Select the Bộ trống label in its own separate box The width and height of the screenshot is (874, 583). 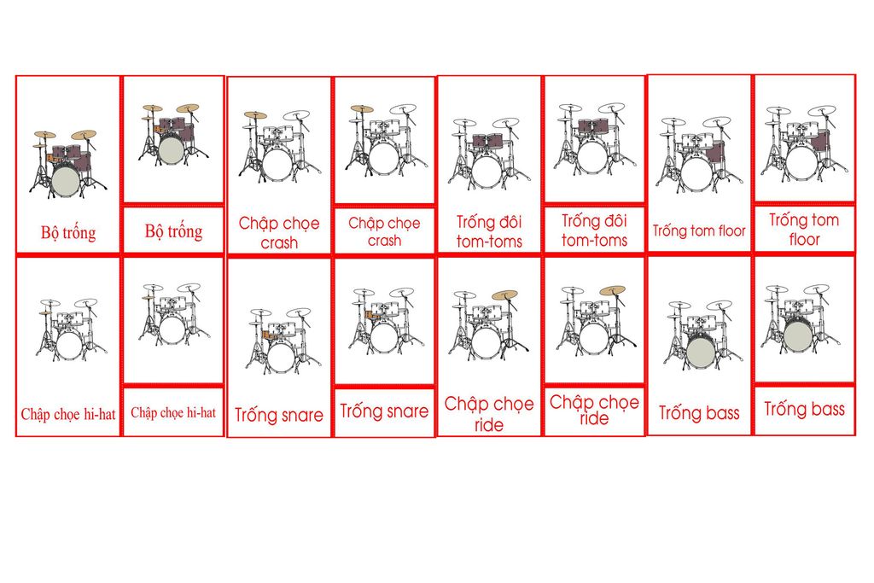pyautogui.click(x=173, y=231)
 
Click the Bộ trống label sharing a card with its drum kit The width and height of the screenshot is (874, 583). pyautogui.click(x=68, y=232)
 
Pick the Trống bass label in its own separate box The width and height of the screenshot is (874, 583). pyautogui.click(x=804, y=409)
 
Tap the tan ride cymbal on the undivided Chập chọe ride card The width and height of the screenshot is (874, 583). pyautogui.click(x=504, y=295)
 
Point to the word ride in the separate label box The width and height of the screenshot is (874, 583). pyautogui.click(x=594, y=419)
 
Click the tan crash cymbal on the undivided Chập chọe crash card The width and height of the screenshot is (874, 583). pyautogui.click(x=255, y=114)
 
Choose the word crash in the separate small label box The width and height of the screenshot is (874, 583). pyautogui.click(x=384, y=241)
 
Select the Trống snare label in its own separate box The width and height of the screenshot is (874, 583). pyautogui.click(x=384, y=411)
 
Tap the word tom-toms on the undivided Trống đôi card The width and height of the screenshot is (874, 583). pyautogui.click(x=489, y=242)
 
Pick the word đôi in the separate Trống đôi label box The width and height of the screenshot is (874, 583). pyautogui.click(x=612, y=221)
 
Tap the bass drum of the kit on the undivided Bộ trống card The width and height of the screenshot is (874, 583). pyautogui.click(x=66, y=181)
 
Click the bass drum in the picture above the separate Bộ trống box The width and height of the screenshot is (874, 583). pyautogui.click(x=171, y=150)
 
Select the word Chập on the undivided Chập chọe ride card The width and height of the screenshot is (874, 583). pyautogui.click(x=468, y=404)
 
